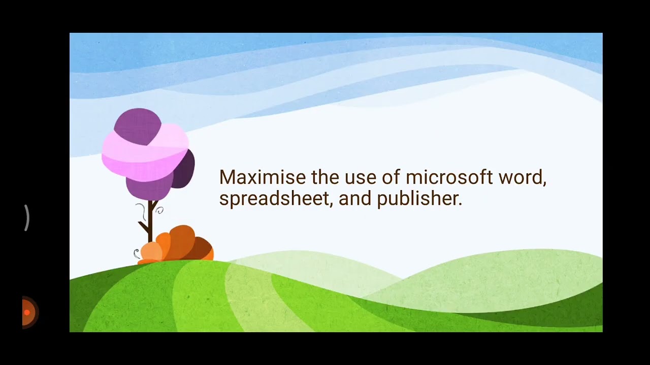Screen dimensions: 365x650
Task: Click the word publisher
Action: tap(419, 198)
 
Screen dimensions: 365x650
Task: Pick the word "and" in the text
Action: tap(355, 198)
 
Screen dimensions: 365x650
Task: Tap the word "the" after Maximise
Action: tap(326, 177)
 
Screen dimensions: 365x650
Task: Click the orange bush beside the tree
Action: tap(178, 244)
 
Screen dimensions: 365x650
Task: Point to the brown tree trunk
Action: tap(150, 223)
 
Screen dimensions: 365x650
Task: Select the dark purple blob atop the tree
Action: tap(137, 126)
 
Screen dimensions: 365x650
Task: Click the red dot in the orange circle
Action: tap(27, 312)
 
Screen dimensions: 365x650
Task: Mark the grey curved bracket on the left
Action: tap(27, 218)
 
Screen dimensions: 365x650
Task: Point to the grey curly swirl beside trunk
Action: tap(159, 209)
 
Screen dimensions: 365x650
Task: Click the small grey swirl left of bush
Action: tap(136, 253)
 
